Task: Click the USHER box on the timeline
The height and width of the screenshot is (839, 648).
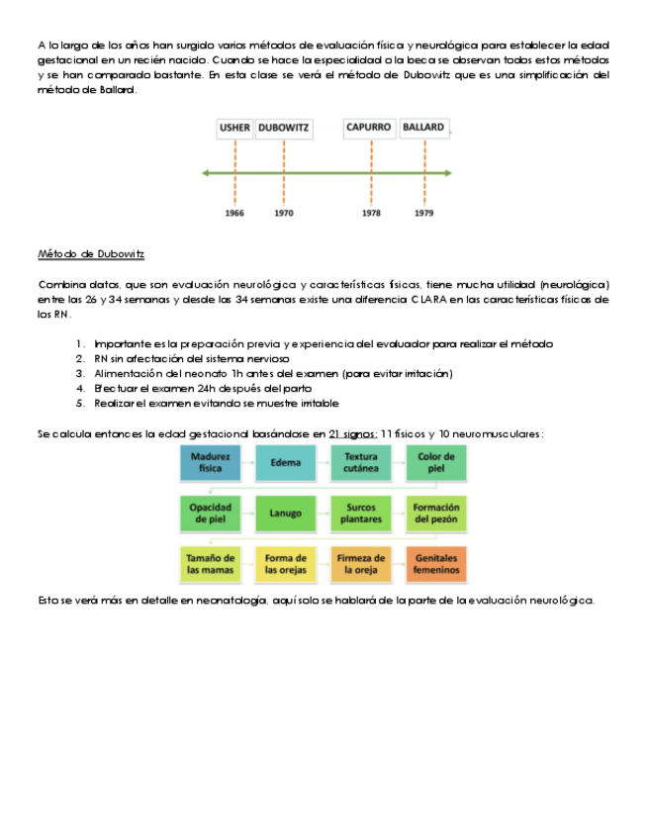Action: coord(234,128)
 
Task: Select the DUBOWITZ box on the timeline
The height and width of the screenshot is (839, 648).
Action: coord(284,128)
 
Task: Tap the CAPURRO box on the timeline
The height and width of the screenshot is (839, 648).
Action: coord(369,128)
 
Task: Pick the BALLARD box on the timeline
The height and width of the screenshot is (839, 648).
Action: coord(423,128)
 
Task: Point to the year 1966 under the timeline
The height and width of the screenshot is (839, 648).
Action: coord(234,213)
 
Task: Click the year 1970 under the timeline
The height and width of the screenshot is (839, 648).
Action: coord(284,213)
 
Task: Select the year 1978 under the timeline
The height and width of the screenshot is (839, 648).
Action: coord(371,213)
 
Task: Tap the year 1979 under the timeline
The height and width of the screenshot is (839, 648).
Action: coord(423,213)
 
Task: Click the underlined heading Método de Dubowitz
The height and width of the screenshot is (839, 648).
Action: coord(91,254)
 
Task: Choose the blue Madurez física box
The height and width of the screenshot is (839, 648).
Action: coord(211,462)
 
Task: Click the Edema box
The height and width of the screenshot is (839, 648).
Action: coord(286,462)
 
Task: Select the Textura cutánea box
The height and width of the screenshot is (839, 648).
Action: coord(361,462)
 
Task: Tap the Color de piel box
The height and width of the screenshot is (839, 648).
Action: coord(436,462)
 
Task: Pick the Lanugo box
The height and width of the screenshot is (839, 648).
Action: coord(286,513)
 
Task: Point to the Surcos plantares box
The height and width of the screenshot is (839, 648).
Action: coord(361,513)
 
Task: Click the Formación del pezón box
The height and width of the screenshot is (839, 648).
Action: coord(436,513)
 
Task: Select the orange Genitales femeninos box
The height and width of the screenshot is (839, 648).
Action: coord(436,564)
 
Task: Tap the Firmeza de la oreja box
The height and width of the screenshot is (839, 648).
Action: coord(361,564)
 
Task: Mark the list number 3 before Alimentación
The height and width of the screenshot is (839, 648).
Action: coord(80,373)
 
